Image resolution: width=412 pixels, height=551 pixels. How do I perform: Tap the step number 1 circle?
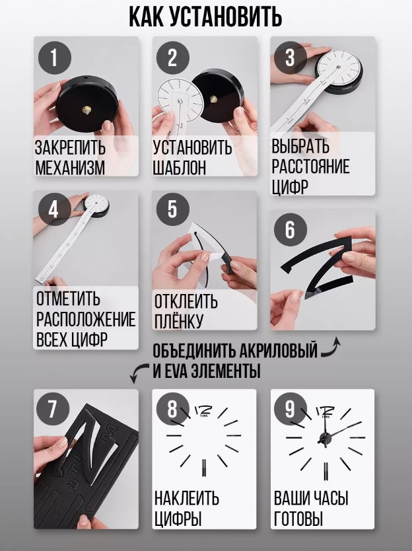click(x=54, y=57)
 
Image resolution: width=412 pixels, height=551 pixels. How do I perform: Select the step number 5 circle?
click(x=172, y=209)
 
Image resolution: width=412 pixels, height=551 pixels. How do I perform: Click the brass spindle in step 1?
click(x=86, y=110)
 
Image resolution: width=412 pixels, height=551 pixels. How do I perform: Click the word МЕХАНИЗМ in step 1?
click(x=70, y=168)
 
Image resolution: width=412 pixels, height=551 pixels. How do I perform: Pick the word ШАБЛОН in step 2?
click(x=179, y=168)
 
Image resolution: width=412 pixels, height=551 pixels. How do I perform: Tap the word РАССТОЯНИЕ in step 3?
click(x=310, y=166)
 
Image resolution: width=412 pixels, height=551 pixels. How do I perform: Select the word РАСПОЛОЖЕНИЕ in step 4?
click(x=86, y=319)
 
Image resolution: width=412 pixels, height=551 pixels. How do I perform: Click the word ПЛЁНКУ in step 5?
click(x=179, y=321)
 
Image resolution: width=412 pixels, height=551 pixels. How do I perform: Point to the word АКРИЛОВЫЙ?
click(x=279, y=350)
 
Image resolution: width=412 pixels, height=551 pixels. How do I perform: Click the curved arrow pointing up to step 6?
click(x=331, y=348)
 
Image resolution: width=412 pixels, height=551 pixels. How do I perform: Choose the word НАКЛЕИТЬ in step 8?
click(x=186, y=498)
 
